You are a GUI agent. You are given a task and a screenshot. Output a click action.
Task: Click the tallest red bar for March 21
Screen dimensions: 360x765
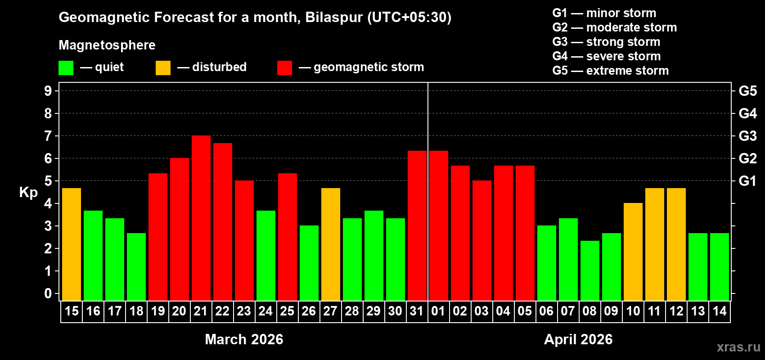(201, 218)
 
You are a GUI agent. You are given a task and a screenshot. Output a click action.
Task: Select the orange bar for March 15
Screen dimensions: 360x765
(72, 244)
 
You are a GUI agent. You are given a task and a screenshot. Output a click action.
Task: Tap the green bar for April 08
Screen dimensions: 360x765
(590, 270)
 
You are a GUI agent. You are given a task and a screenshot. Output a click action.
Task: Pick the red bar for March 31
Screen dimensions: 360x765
(417, 225)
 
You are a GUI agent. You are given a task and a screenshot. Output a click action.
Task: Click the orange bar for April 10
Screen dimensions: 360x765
(633, 252)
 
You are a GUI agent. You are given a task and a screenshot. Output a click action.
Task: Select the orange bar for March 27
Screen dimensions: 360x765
(331, 244)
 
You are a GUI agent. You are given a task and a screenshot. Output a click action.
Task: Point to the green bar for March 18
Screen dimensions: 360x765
(136, 267)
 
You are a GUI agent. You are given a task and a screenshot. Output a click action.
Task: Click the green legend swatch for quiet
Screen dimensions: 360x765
(66, 68)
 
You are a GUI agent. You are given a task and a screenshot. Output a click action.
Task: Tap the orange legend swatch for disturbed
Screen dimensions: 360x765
(163, 68)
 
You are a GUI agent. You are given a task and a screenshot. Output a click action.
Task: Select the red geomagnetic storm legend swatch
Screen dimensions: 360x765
(284, 68)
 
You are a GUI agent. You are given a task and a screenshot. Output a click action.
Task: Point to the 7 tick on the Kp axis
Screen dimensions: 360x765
(48, 136)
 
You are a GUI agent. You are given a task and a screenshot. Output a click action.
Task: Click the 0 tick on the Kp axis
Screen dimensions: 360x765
(48, 294)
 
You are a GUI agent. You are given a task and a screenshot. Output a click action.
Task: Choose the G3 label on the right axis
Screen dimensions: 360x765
(747, 136)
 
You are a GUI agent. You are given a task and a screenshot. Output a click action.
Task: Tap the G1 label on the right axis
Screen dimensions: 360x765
(747, 181)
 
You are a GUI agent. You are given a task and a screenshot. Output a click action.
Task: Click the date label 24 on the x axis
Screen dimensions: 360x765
(265, 311)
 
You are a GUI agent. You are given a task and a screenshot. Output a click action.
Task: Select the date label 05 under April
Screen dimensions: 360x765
(525, 311)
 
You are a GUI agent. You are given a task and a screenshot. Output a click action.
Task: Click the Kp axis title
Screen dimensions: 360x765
(28, 192)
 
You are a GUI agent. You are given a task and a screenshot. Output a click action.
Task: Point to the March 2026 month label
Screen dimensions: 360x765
(244, 339)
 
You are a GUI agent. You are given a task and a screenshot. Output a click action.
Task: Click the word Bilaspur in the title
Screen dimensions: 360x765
(334, 17)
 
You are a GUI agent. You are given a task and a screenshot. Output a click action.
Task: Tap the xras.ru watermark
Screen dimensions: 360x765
(738, 347)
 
